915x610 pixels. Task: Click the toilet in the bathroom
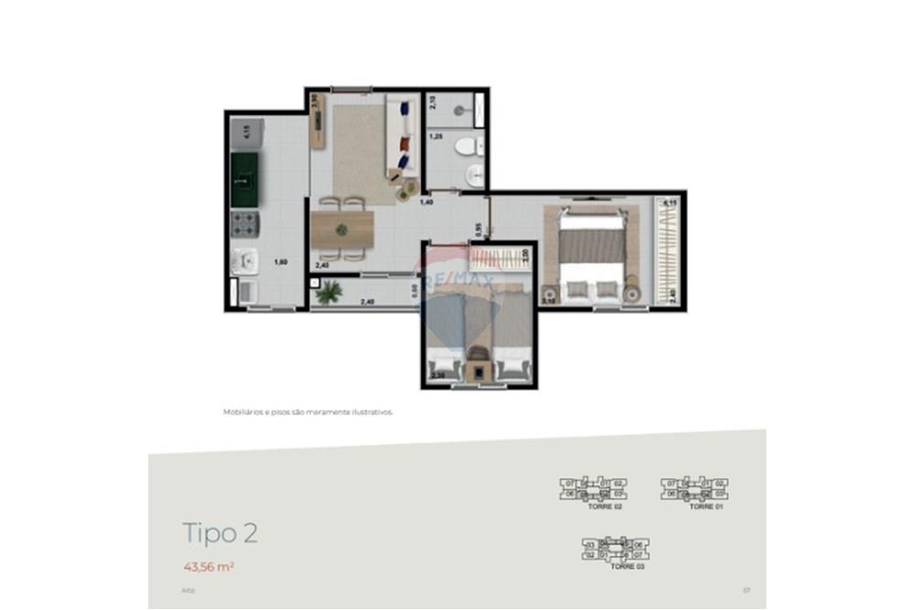(x=467, y=144)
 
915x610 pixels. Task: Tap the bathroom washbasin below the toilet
(x=472, y=175)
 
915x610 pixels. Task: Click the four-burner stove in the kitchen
(x=245, y=222)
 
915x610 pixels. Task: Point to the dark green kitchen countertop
(x=244, y=180)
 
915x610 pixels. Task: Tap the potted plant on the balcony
(x=328, y=292)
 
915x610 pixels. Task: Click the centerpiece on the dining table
(x=341, y=229)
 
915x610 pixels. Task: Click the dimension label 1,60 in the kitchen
(x=283, y=262)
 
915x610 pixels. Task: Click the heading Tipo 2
(x=220, y=533)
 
